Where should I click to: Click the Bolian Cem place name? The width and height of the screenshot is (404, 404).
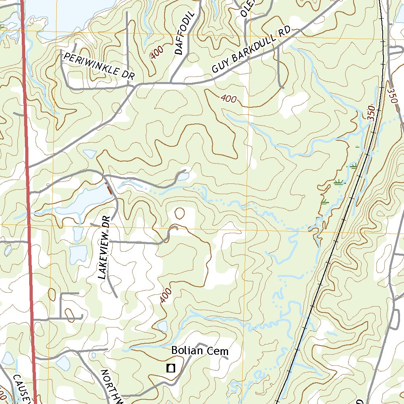tap(200, 350)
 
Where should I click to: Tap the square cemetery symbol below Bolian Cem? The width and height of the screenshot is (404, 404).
tap(171, 368)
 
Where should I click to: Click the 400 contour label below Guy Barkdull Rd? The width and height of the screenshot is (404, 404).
tap(229, 99)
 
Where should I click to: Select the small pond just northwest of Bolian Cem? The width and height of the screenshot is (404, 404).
tap(162, 326)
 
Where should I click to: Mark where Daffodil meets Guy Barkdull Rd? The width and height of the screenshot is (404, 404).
tap(170, 83)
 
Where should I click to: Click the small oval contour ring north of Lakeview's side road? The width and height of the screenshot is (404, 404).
tap(180, 213)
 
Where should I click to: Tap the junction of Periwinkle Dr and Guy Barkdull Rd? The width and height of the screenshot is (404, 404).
tap(136, 85)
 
